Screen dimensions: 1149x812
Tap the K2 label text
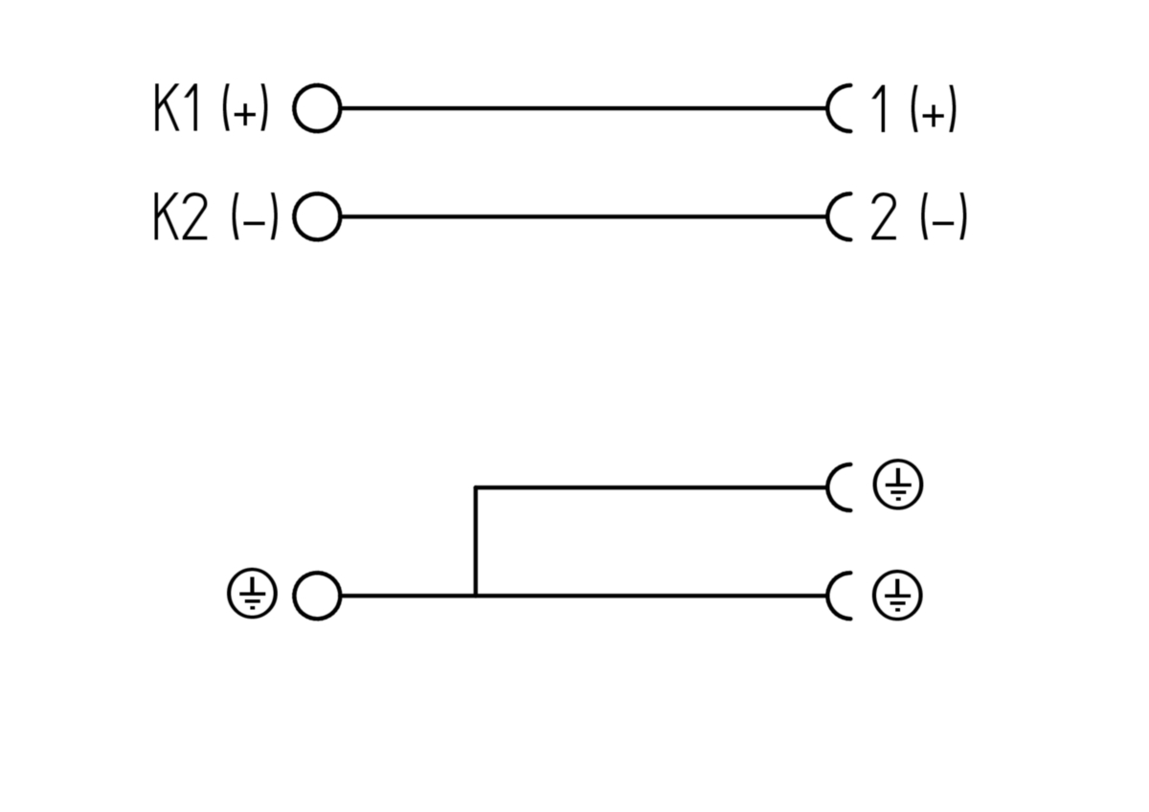pyautogui.click(x=181, y=217)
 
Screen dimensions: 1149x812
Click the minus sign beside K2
pyautogui.click(x=256, y=221)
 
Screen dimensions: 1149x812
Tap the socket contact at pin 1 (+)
pyautogui.click(x=828, y=109)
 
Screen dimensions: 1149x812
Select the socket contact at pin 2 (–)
pyautogui.click(x=828, y=217)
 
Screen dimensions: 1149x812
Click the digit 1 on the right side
pyautogui.click(x=880, y=109)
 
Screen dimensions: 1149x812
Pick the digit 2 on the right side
pyautogui.click(x=884, y=217)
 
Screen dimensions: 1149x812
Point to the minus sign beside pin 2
pyautogui.click(x=944, y=221)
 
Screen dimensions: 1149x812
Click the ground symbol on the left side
pyautogui.click(x=253, y=595)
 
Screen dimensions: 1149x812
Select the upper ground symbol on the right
pyautogui.click(x=898, y=485)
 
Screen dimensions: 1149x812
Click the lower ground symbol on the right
pyautogui.click(x=898, y=596)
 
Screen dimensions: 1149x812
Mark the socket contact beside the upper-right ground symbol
pyautogui.click(x=828, y=487)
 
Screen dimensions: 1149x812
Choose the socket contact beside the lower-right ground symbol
pyautogui.click(x=828, y=596)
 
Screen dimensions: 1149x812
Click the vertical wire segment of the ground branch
pyautogui.click(x=476, y=541)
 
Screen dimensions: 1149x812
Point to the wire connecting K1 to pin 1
pyautogui.click(x=584, y=108)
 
